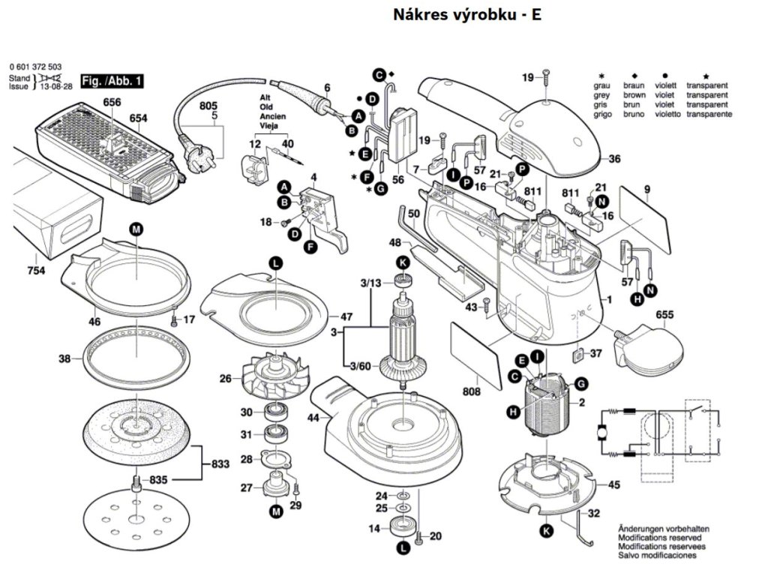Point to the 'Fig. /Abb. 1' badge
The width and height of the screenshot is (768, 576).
coord(104,80)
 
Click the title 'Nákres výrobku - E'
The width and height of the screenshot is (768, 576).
coord(466,15)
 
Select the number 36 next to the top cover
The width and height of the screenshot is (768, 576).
coord(614,159)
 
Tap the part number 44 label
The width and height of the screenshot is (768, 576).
coord(313,416)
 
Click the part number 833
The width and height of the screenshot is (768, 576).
coord(219,465)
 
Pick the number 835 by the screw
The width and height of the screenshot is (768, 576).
coord(159,479)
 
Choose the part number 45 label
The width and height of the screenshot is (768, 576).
coord(613,485)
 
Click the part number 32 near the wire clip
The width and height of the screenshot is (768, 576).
coord(593,514)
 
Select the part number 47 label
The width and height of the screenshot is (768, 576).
coord(346,316)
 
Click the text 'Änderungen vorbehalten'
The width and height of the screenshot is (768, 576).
coord(663,529)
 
